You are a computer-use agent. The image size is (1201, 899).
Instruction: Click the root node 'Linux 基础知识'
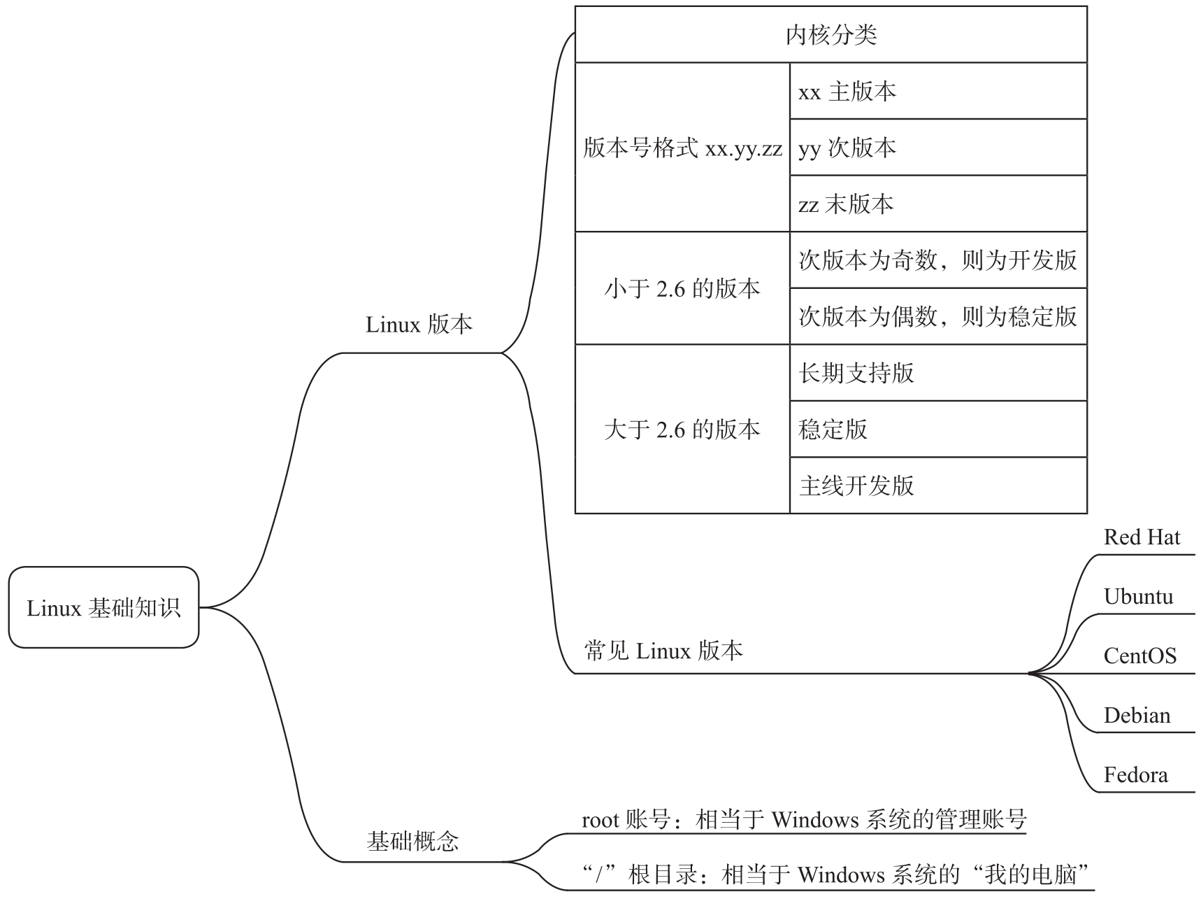coord(103,607)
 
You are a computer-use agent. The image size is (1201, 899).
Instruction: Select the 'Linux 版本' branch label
coord(419,325)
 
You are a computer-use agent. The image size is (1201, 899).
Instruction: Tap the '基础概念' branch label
coord(412,841)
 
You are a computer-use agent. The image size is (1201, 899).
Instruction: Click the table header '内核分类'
coord(831,35)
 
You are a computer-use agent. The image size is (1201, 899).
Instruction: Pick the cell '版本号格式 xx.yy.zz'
coord(682,148)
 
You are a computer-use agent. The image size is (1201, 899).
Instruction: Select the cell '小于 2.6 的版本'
coord(682,288)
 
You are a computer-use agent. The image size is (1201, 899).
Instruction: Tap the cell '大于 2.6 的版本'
coord(682,429)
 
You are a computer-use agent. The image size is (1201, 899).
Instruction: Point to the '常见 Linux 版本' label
coord(663,651)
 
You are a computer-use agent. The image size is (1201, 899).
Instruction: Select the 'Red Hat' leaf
coord(1142,537)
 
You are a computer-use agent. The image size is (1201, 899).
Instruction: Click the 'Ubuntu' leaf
coord(1138,597)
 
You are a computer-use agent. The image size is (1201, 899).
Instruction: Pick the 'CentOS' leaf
coord(1140,656)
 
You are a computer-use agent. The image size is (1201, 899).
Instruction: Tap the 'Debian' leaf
coord(1137,715)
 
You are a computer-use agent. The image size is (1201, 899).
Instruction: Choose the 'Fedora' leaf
coord(1136,774)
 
